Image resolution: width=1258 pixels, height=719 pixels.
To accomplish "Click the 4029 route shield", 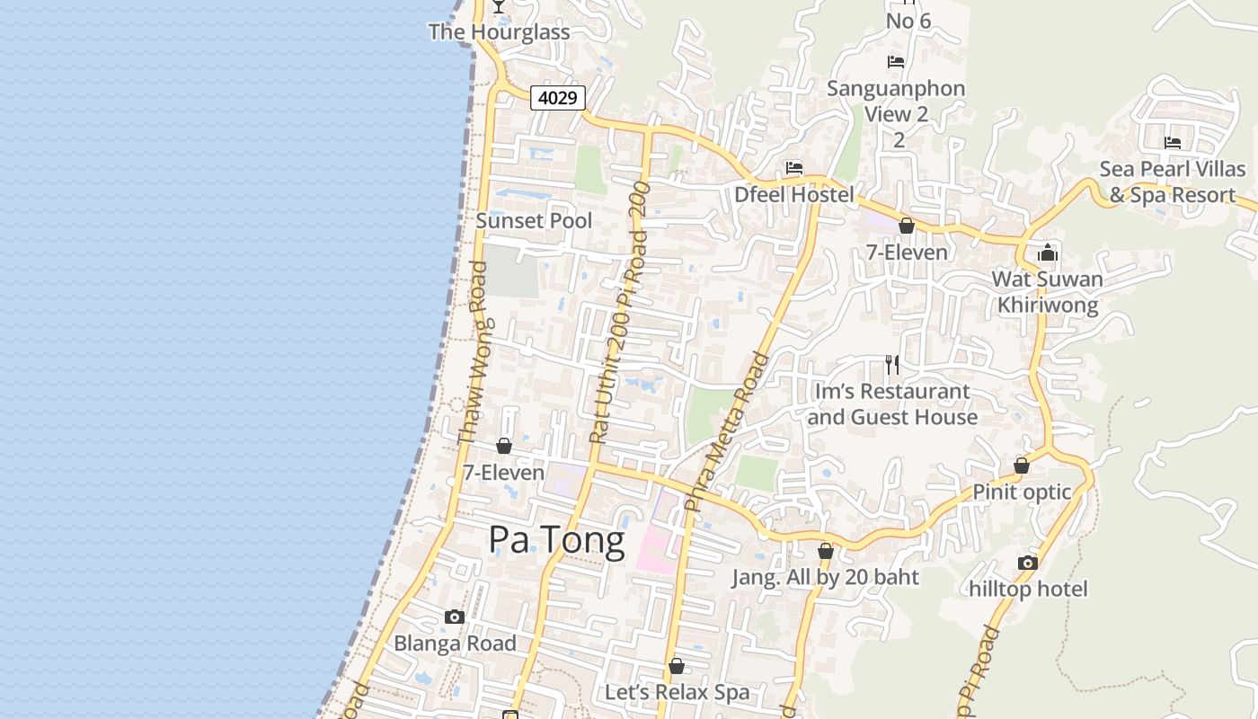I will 558,97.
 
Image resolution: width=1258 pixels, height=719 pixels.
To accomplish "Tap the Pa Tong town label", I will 556,541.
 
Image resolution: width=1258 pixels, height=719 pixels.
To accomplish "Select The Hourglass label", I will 499,32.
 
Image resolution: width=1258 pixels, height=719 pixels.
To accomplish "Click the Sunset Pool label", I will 534,220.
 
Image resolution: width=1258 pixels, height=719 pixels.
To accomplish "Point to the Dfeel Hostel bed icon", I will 793,168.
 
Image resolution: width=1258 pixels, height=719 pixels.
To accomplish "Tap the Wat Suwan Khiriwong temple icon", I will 1048,253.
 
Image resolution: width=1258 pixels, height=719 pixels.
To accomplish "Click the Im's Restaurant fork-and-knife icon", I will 891,365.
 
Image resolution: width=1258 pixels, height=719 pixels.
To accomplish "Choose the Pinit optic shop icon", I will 1022,466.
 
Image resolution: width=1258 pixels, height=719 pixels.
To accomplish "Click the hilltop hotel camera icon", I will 1028,563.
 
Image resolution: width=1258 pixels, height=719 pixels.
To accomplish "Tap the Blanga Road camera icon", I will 455,617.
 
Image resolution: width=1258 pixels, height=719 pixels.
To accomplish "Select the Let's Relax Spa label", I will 677,692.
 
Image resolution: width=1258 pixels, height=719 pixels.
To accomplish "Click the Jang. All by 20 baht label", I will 825,577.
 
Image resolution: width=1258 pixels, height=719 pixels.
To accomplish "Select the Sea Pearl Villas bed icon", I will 1173,143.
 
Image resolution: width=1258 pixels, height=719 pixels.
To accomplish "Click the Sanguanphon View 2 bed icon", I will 896,62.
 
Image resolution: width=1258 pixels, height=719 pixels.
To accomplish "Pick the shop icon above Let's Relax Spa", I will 677,666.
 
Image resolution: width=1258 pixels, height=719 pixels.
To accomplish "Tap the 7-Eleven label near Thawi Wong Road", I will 503,473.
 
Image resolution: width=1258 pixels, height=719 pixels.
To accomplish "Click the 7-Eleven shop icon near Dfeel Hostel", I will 907,226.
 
